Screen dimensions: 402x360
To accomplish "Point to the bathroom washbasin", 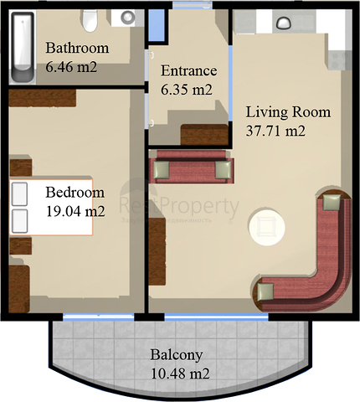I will (127, 16).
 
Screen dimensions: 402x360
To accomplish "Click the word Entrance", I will (189, 70).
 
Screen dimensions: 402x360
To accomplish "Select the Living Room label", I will (287, 112).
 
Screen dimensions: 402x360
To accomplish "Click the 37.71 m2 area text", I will (274, 131).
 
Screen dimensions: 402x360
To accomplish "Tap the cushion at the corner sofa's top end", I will (332, 202).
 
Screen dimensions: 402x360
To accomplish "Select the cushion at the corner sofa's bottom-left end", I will (265, 291).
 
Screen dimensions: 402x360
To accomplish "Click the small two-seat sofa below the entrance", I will (188, 168).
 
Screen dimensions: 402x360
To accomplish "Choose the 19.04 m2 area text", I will (76, 211).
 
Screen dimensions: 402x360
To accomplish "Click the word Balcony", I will (175, 354).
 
